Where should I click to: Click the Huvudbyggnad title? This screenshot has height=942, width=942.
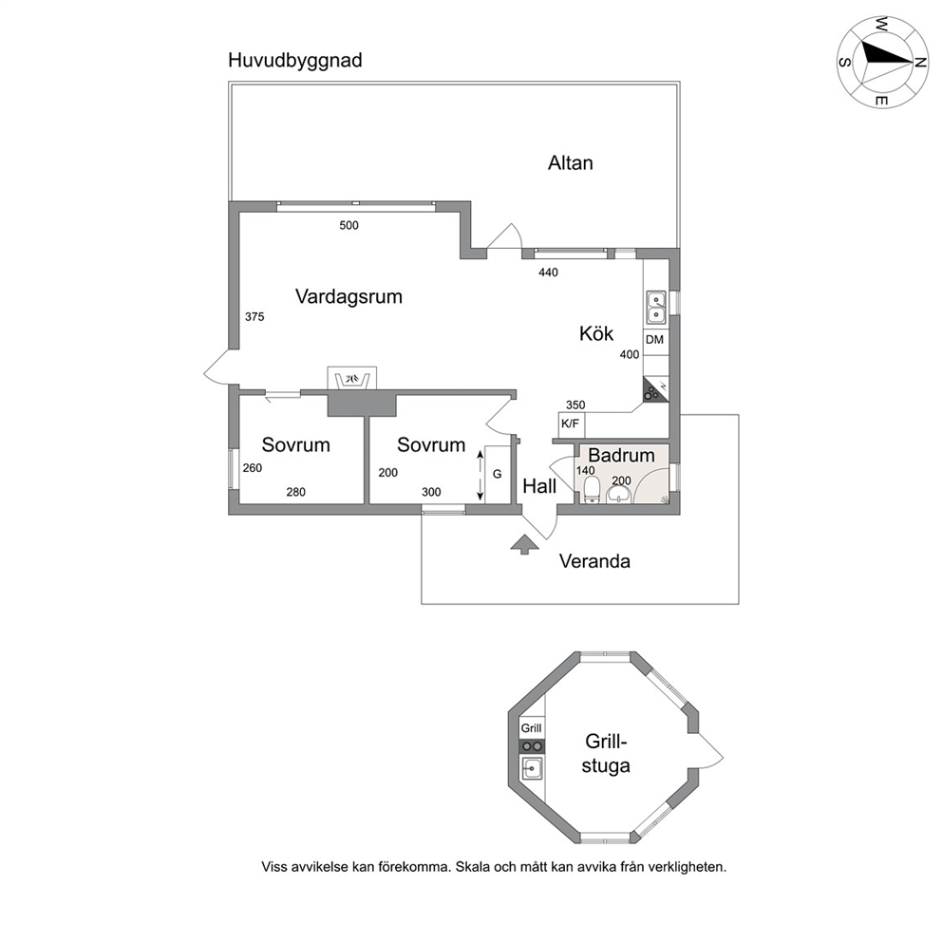click(295, 62)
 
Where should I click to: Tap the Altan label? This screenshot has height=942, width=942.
click(570, 162)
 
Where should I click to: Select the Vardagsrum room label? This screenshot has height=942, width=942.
click(349, 297)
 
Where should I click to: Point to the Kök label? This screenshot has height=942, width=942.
click(596, 333)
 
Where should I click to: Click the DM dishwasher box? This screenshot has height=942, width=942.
click(655, 339)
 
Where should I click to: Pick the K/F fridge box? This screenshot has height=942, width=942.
click(571, 424)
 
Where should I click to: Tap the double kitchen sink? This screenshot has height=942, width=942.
click(655, 307)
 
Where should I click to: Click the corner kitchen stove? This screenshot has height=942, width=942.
click(655, 389)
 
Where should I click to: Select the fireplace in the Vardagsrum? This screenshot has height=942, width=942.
click(352, 379)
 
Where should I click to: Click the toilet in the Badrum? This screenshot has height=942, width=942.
click(591, 490)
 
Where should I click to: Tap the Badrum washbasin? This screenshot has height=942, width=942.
click(618, 495)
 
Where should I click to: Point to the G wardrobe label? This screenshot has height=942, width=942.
click(497, 474)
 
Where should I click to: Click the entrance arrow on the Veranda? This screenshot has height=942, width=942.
click(524, 544)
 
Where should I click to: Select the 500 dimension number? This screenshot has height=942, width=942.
click(349, 225)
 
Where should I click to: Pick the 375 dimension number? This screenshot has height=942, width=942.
click(254, 316)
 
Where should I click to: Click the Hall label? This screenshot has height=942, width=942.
click(539, 486)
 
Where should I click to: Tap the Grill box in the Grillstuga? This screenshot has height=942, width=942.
click(531, 728)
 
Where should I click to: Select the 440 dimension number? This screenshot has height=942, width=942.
click(548, 273)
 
